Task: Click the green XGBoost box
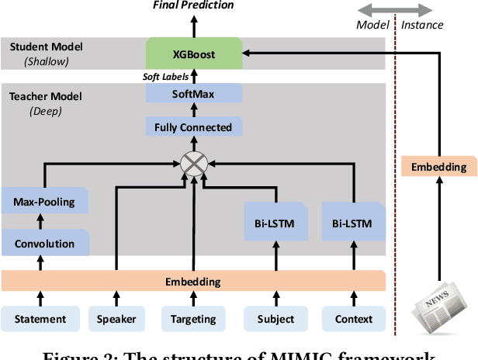tap(194, 55)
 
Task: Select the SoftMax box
tap(194, 94)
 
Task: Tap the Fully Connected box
tap(194, 126)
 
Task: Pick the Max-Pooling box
tap(43, 202)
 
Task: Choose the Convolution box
tap(43, 244)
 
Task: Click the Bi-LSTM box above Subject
tap(275, 224)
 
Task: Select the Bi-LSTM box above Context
tap(352, 224)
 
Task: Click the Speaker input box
tap(116, 319)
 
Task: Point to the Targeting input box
tap(193, 319)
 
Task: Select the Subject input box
tap(275, 319)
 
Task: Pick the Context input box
tap(352, 319)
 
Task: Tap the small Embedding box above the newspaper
tap(438, 167)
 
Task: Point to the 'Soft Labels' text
tap(163, 76)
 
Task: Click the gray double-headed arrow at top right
tap(396, 9)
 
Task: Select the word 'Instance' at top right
tap(422, 25)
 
